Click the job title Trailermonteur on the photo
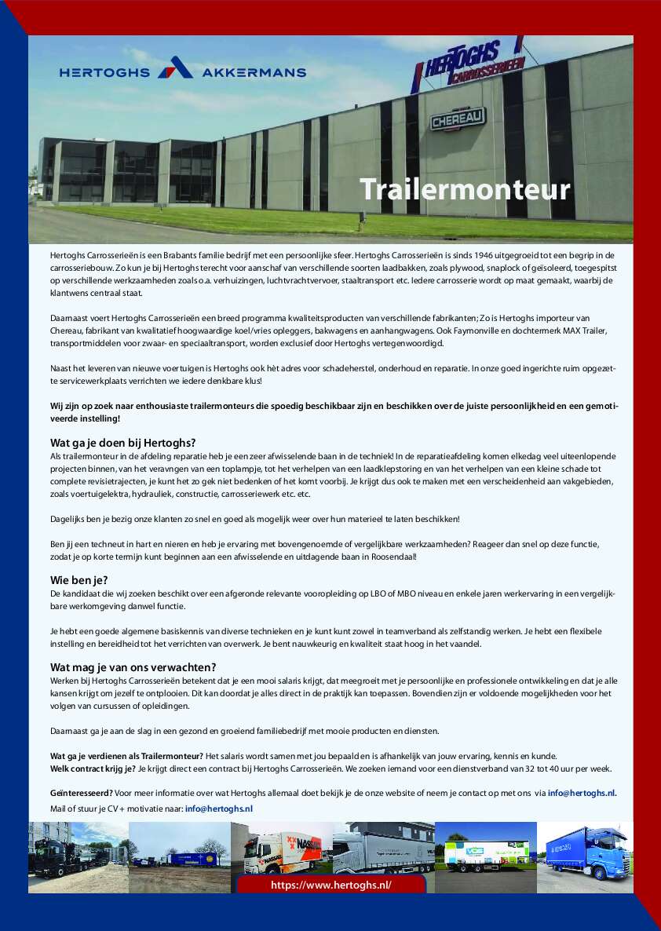point(465,189)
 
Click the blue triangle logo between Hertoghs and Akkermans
point(175,69)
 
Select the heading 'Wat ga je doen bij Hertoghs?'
point(123,442)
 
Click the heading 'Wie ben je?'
point(79,580)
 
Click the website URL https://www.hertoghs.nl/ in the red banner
point(330,885)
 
